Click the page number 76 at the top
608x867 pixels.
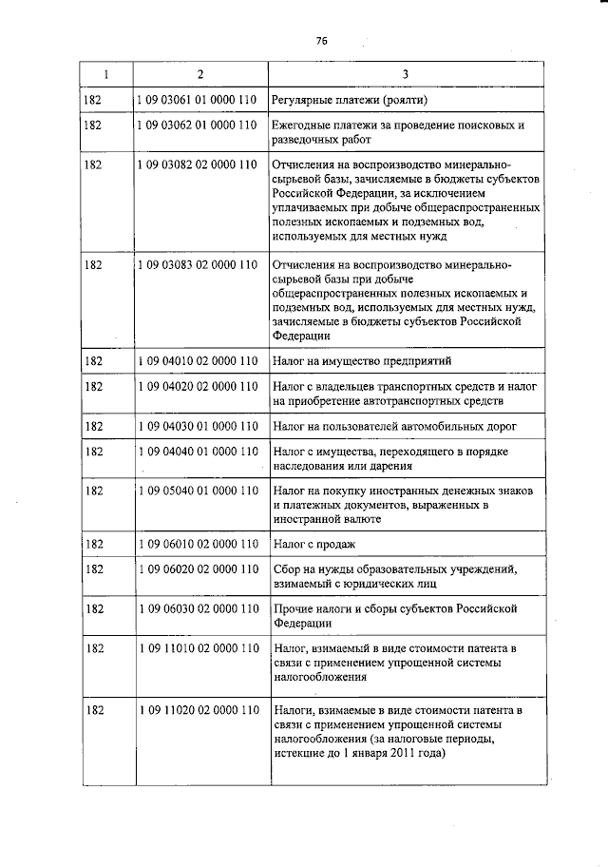(321, 41)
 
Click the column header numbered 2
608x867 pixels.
(199, 75)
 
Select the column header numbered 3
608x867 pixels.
(405, 75)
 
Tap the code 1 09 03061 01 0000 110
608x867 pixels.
(198, 99)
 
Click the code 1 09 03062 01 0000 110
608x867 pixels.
(198, 125)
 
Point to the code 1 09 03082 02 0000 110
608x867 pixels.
(198, 164)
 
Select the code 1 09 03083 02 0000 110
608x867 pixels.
(198, 263)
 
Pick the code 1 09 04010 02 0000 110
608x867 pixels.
(198, 361)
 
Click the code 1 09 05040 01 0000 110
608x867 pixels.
(198, 490)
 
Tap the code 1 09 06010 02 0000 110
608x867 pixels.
(198, 544)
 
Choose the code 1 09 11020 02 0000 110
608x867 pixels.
(198, 710)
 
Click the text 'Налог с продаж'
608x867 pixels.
(313, 544)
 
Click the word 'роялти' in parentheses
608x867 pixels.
(410, 99)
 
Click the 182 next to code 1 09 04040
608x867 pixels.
(93, 452)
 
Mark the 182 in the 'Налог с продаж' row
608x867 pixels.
(93, 544)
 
